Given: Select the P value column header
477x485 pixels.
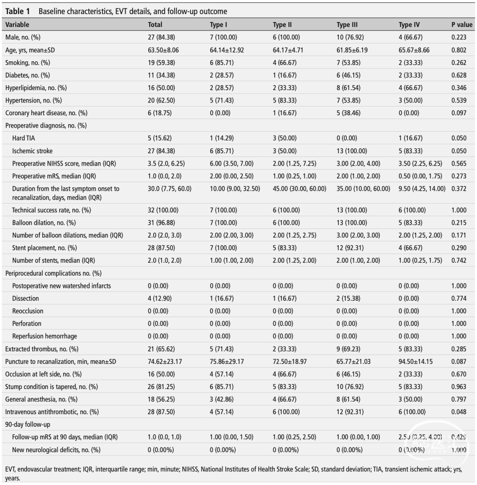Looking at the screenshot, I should [462, 25].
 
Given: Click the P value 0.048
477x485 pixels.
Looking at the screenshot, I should [459, 412].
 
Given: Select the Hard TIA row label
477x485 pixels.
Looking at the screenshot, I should [25, 138].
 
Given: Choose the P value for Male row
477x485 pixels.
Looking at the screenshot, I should [459, 38].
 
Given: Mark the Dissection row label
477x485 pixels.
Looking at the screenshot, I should [26, 299].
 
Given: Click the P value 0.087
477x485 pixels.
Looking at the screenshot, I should [459, 361].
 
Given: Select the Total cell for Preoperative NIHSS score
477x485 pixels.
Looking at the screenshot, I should [166, 163].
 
